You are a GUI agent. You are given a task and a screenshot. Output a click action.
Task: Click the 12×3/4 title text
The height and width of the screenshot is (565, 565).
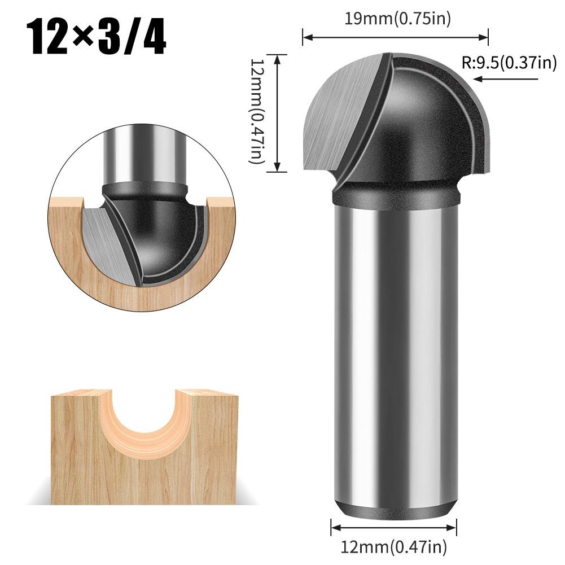[97, 37]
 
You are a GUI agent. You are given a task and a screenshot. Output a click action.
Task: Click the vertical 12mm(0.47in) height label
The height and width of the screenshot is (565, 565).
[257, 113]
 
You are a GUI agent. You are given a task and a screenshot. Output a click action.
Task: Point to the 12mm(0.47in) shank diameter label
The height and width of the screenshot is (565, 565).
[394, 546]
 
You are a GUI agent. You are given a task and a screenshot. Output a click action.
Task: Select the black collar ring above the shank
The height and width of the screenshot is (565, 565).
[395, 194]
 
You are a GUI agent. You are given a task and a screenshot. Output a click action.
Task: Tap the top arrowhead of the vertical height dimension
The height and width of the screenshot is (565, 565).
[277, 57]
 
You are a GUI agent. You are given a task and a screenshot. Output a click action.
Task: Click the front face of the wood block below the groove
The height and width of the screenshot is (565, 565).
[141, 480]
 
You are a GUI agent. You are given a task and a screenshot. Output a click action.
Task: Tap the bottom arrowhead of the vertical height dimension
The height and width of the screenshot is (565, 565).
[277, 168]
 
